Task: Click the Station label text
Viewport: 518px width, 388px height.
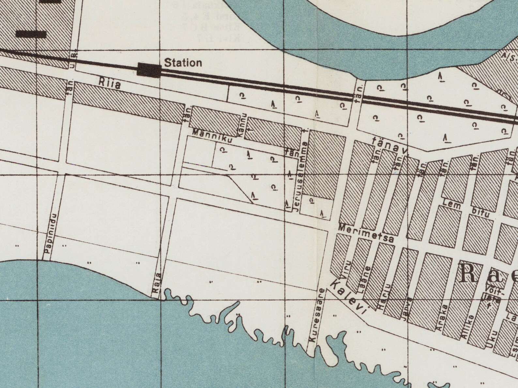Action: [183, 63]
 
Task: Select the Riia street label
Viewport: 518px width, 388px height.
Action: [109, 84]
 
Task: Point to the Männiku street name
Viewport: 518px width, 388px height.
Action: [212, 137]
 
